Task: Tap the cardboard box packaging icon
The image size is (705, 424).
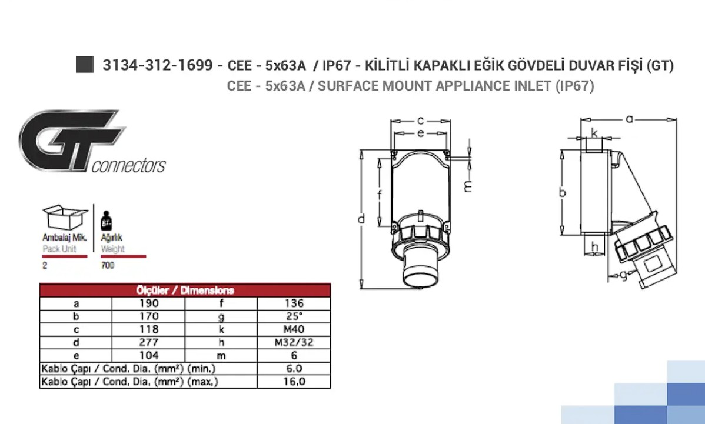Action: pos(65,218)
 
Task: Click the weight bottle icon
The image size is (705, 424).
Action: pos(106,220)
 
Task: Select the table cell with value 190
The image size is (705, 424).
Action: pos(148,303)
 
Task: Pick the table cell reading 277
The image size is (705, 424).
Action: pos(148,342)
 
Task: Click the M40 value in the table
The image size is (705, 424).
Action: pos(294,329)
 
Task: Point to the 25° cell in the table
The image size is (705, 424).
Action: pos(294,316)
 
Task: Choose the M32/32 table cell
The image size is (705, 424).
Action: pos(294,342)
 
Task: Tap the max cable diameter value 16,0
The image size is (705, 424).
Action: pos(294,381)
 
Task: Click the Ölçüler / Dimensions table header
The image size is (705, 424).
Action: pos(185,290)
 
